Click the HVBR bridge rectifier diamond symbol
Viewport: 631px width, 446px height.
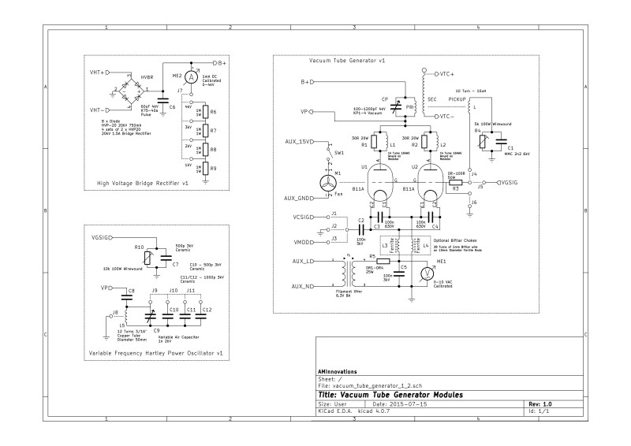pos(127,91)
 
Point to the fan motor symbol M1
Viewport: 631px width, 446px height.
pos(327,183)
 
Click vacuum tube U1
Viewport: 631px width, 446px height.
pos(372,180)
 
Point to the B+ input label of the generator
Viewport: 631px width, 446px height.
pos(306,82)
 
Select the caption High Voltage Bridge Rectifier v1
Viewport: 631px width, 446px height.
pos(143,183)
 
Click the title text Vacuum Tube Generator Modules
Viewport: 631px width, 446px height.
pos(389,394)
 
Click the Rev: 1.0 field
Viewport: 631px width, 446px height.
pos(540,403)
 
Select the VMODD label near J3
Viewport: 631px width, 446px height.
pos(304,241)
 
